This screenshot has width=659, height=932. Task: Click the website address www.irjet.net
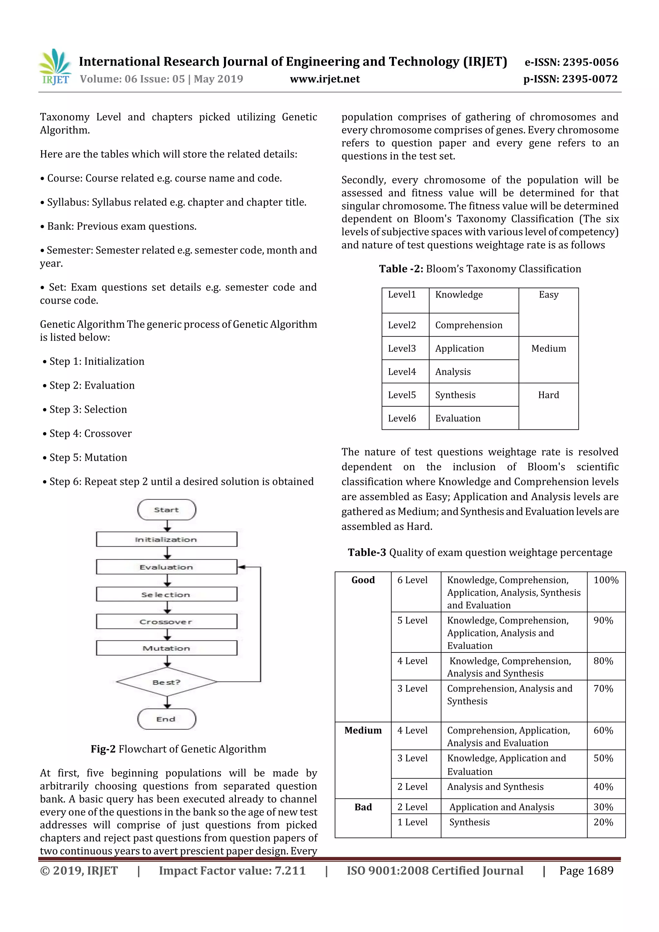[x=324, y=79]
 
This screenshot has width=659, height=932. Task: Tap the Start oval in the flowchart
[x=166, y=510]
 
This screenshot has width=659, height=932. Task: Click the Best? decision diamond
[x=166, y=682]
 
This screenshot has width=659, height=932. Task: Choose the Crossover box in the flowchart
[x=166, y=622]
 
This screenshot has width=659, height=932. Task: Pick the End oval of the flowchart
[x=166, y=719]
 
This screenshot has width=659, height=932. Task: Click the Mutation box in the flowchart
[x=166, y=648]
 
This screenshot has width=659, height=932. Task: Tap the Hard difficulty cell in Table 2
[x=548, y=395]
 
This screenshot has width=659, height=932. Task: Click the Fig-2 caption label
[x=103, y=749]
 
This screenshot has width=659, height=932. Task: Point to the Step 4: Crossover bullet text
[x=90, y=434]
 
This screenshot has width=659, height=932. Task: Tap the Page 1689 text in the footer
[x=586, y=871]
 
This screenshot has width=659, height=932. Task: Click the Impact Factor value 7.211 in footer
[x=232, y=871]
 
